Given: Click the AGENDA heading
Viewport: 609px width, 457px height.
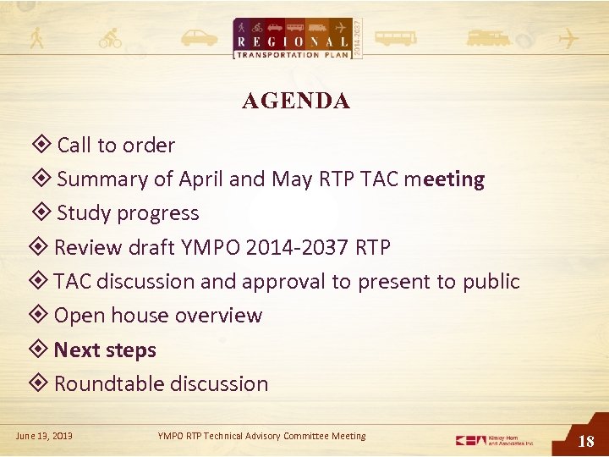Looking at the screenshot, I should click(295, 102).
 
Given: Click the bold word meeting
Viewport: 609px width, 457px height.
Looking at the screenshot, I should click(444, 179).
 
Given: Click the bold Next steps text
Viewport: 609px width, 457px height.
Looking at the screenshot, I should click(105, 350).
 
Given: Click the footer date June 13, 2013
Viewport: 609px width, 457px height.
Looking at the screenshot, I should click(44, 436).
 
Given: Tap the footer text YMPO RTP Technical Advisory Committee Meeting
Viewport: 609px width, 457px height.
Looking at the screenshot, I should click(262, 436).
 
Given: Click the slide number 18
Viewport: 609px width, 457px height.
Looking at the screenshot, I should click(585, 441).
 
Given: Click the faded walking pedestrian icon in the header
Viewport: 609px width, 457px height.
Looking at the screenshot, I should click(36, 38).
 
